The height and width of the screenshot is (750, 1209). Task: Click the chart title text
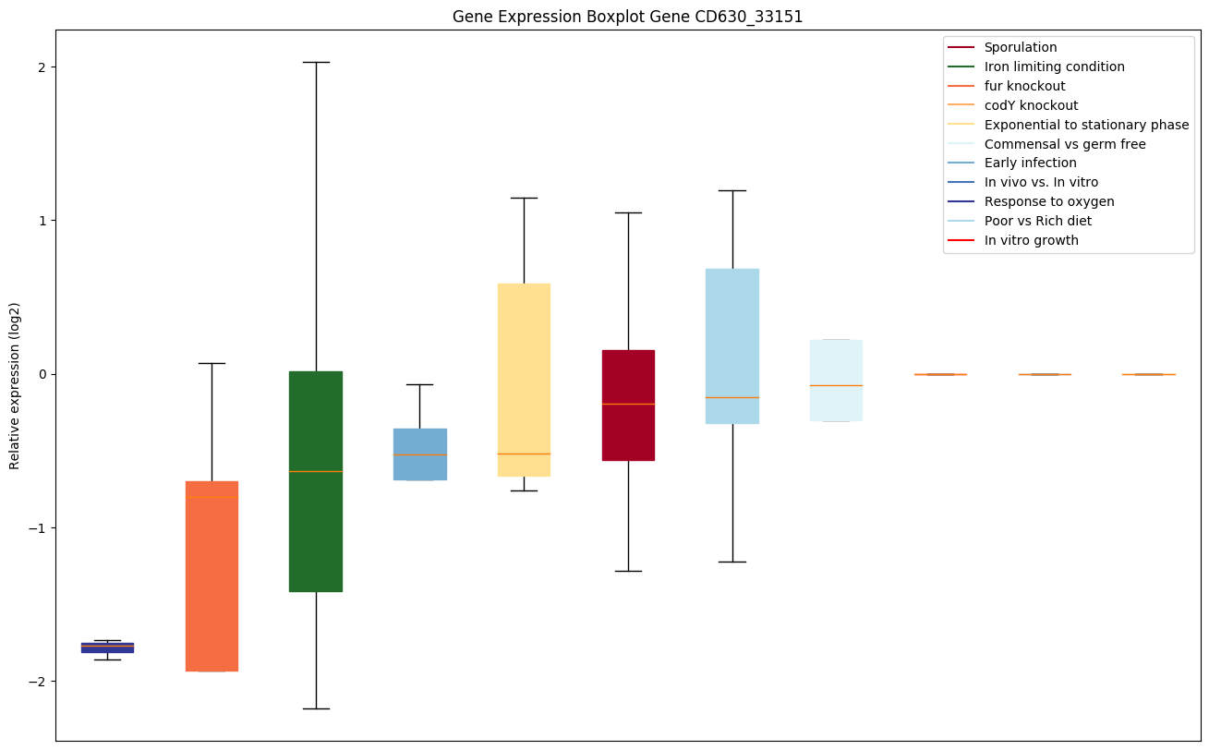tap(627, 17)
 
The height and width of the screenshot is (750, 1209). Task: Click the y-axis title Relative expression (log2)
tap(15, 385)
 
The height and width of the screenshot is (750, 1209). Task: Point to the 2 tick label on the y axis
tap(42, 67)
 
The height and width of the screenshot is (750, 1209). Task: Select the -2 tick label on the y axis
tap(38, 682)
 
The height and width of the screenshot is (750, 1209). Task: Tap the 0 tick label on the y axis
tap(42, 374)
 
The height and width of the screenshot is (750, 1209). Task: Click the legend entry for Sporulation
tap(1020, 47)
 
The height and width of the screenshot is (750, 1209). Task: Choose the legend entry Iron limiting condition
tap(1054, 67)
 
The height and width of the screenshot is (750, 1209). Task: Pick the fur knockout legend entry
tap(1024, 86)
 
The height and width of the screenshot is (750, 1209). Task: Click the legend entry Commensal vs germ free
tap(1064, 144)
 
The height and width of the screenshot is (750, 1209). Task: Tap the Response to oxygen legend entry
tap(1048, 201)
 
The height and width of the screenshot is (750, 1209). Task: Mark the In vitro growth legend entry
tap(1031, 240)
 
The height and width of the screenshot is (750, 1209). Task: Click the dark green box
tap(316, 480)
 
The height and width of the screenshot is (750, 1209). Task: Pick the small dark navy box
tap(107, 647)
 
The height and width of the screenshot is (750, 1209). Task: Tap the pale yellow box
tap(524, 380)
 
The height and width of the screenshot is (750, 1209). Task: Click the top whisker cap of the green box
tap(316, 62)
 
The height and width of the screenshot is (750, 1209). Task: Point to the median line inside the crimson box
tap(628, 404)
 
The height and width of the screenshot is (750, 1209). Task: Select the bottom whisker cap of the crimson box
tap(628, 571)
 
